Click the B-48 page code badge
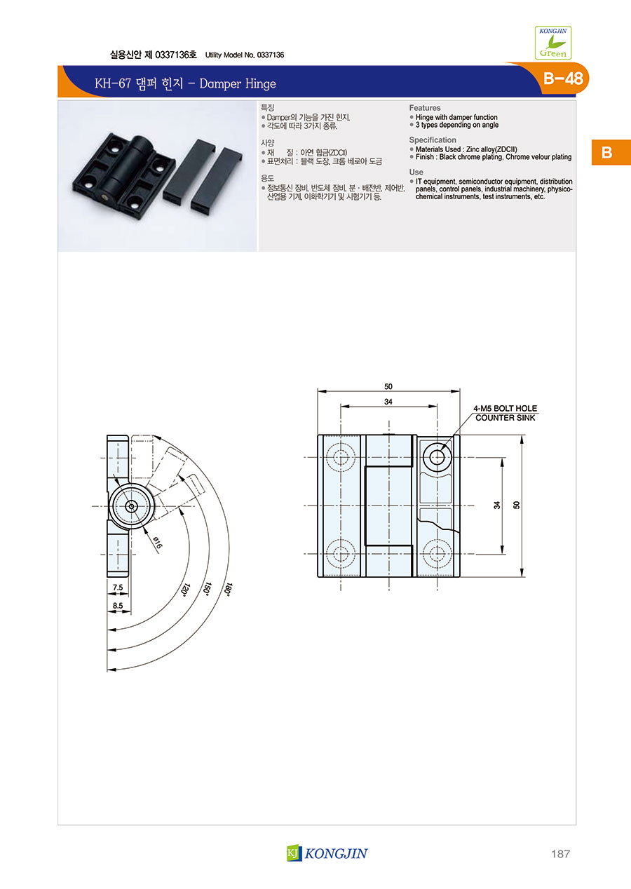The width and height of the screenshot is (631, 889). coord(563,79)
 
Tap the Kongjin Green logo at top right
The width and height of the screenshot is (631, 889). coord(552,43)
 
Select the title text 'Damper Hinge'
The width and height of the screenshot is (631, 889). coord(237,83)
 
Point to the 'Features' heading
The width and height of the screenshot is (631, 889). coord(425,107)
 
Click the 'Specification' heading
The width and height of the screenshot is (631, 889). coord(433,140)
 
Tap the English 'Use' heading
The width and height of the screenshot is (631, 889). coord(416,172)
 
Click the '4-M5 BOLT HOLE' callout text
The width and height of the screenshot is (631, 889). coord(505,408)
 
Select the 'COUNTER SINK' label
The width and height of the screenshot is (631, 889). coord(506,418)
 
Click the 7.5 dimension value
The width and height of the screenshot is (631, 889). coord(118,588)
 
